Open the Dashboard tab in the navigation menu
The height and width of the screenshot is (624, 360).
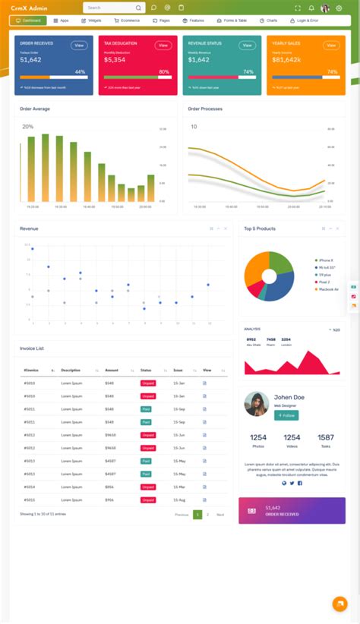coord(29,20)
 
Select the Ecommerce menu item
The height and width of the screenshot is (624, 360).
coord(127,20)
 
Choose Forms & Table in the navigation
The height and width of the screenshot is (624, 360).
coord(231,20)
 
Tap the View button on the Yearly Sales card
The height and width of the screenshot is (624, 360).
coord(331,46)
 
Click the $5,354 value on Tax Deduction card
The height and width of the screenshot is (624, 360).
coord(115,59)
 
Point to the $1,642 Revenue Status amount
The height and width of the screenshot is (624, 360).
coord(198,59)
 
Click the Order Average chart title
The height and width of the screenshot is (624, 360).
coord(35,109)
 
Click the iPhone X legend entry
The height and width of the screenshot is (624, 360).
coord(326,260)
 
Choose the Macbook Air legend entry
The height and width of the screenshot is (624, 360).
coord(327,289)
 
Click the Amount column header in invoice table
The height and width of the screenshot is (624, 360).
coord(112,370)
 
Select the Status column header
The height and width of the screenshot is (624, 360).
coord(146,370)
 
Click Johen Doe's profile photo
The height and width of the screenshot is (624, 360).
coord(256,404)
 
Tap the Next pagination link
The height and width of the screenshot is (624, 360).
coord(220,515)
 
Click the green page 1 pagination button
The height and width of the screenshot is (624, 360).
coord(197,515)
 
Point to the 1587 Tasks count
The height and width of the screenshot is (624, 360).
coord(326,437)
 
